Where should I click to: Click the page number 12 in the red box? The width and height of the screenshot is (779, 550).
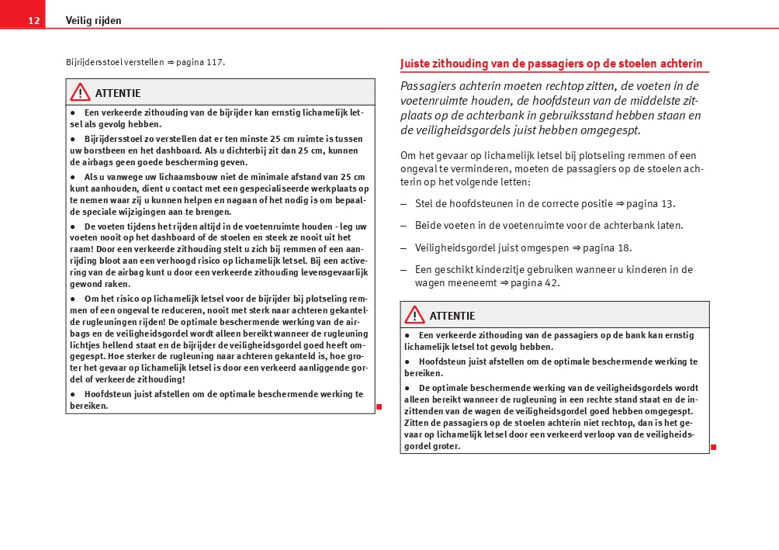[x=33, y=21]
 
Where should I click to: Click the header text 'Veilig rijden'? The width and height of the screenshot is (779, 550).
[x=93, y=21]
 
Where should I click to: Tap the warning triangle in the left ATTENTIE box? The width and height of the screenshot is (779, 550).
[x=80, y=93]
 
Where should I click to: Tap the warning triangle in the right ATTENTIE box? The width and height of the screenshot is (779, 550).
[x=414, y=315]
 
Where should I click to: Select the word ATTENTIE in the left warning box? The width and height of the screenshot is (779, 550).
[x=118, y=94]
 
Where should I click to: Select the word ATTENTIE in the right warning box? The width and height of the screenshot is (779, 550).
[x=452, y=316]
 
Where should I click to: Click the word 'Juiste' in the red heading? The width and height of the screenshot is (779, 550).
[x=417, y=64]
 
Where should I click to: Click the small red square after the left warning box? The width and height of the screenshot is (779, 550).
[x=379, y=406]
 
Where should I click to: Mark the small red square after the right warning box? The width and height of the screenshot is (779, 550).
[x=713, y=447]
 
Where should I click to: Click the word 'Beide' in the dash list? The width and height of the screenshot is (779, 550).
[x=429, y=226]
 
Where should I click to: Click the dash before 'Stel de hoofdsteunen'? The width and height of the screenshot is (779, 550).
[x=403, y=204]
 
